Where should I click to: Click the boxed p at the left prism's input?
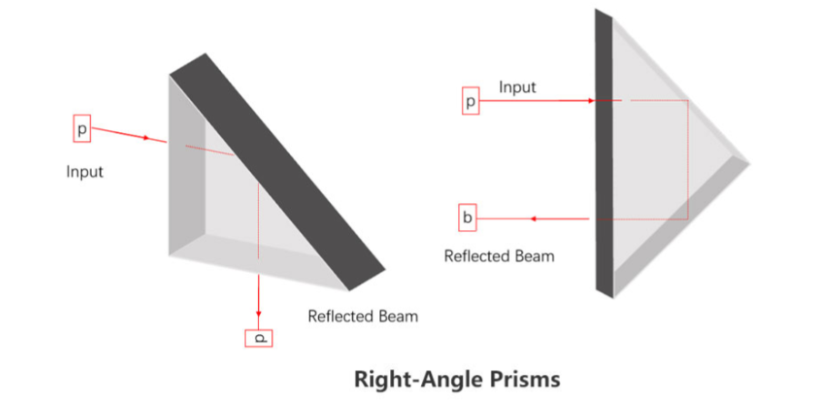click(82, 130)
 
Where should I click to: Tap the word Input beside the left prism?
click(85, 171)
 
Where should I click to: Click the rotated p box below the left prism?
click(258, 338)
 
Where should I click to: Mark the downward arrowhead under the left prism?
click(258, 312)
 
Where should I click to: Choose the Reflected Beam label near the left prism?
click(363, 317)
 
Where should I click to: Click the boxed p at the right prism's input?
click(470, 101)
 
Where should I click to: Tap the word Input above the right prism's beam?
click(517, 87)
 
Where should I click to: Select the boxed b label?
click(467, 218)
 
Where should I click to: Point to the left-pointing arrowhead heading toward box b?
click(535, 218)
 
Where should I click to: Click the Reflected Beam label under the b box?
click(498, 256)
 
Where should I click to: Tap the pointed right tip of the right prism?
click(748, 163)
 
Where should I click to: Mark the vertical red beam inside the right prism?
click(687, 159)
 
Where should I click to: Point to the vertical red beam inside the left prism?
click(259, 228)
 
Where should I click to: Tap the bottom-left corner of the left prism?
click(170, 256)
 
